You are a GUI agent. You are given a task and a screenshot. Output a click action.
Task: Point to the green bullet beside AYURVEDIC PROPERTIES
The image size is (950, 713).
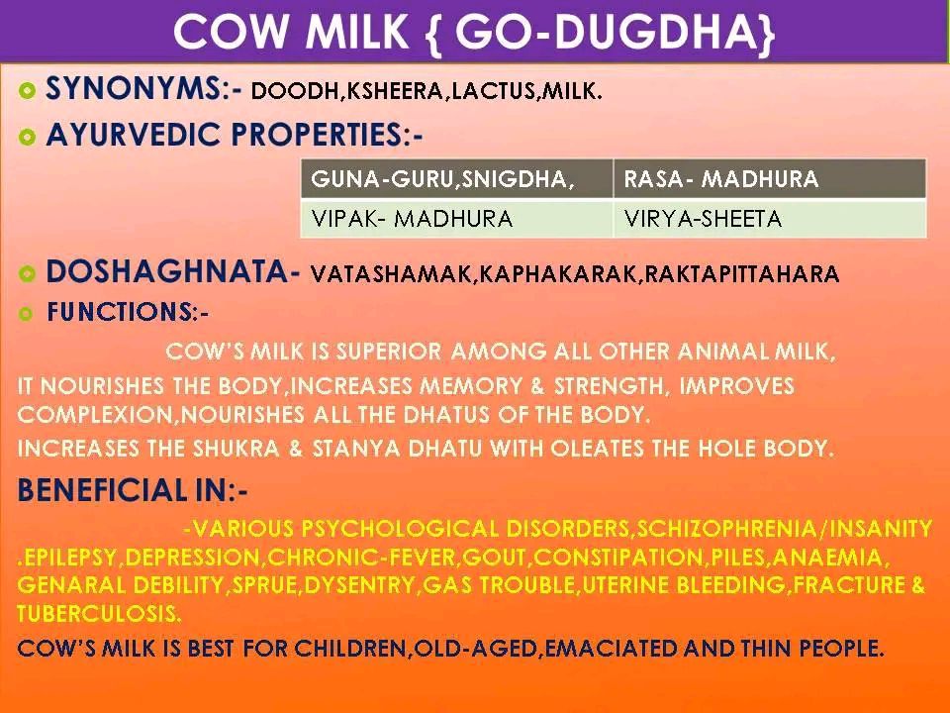click(27, 137)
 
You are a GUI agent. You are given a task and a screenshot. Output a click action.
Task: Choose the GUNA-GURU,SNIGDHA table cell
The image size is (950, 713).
click(457, 179)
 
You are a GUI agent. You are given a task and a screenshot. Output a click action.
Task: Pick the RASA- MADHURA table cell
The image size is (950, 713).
click(770, 179)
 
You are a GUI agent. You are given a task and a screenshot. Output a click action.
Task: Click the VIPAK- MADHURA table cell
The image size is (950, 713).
click(457, 218)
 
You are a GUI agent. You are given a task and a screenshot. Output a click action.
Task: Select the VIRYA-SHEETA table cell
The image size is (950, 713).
click(770, 218)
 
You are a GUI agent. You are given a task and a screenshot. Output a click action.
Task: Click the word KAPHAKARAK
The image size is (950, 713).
click(558, 274)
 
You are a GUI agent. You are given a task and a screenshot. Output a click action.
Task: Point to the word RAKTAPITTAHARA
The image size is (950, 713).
click(742, 274)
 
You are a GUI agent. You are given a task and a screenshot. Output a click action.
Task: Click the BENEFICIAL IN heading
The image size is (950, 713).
click(133, 490)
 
